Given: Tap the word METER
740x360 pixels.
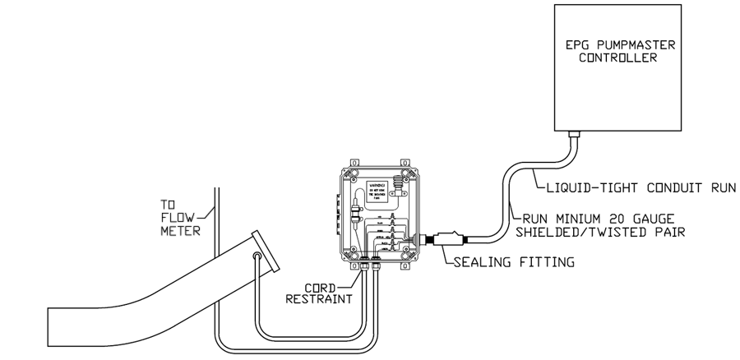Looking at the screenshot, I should tap(174, 231).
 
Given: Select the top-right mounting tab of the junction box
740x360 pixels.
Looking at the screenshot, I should tap(405, 164).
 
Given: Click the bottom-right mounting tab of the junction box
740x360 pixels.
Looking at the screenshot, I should tap(405, 265).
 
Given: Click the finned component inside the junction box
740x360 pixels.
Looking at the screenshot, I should tap(401, 182).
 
